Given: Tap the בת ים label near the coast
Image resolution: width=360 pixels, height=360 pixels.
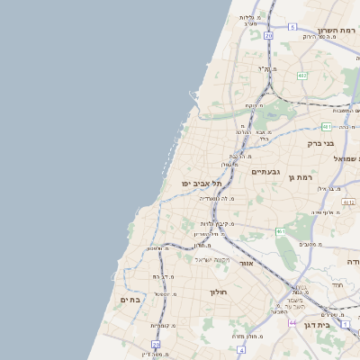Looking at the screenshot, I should coord(130,299).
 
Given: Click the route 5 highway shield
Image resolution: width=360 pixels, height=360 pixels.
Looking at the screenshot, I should coord(292,27).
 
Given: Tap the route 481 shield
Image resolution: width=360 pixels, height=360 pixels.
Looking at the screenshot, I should coord(326,127).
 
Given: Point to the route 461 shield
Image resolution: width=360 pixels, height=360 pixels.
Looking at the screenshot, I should coord(281,231).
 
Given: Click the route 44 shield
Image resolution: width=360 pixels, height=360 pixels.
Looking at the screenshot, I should coord(292,322).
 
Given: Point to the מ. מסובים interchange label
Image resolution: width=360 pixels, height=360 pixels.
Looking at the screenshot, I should coord(310,244).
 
